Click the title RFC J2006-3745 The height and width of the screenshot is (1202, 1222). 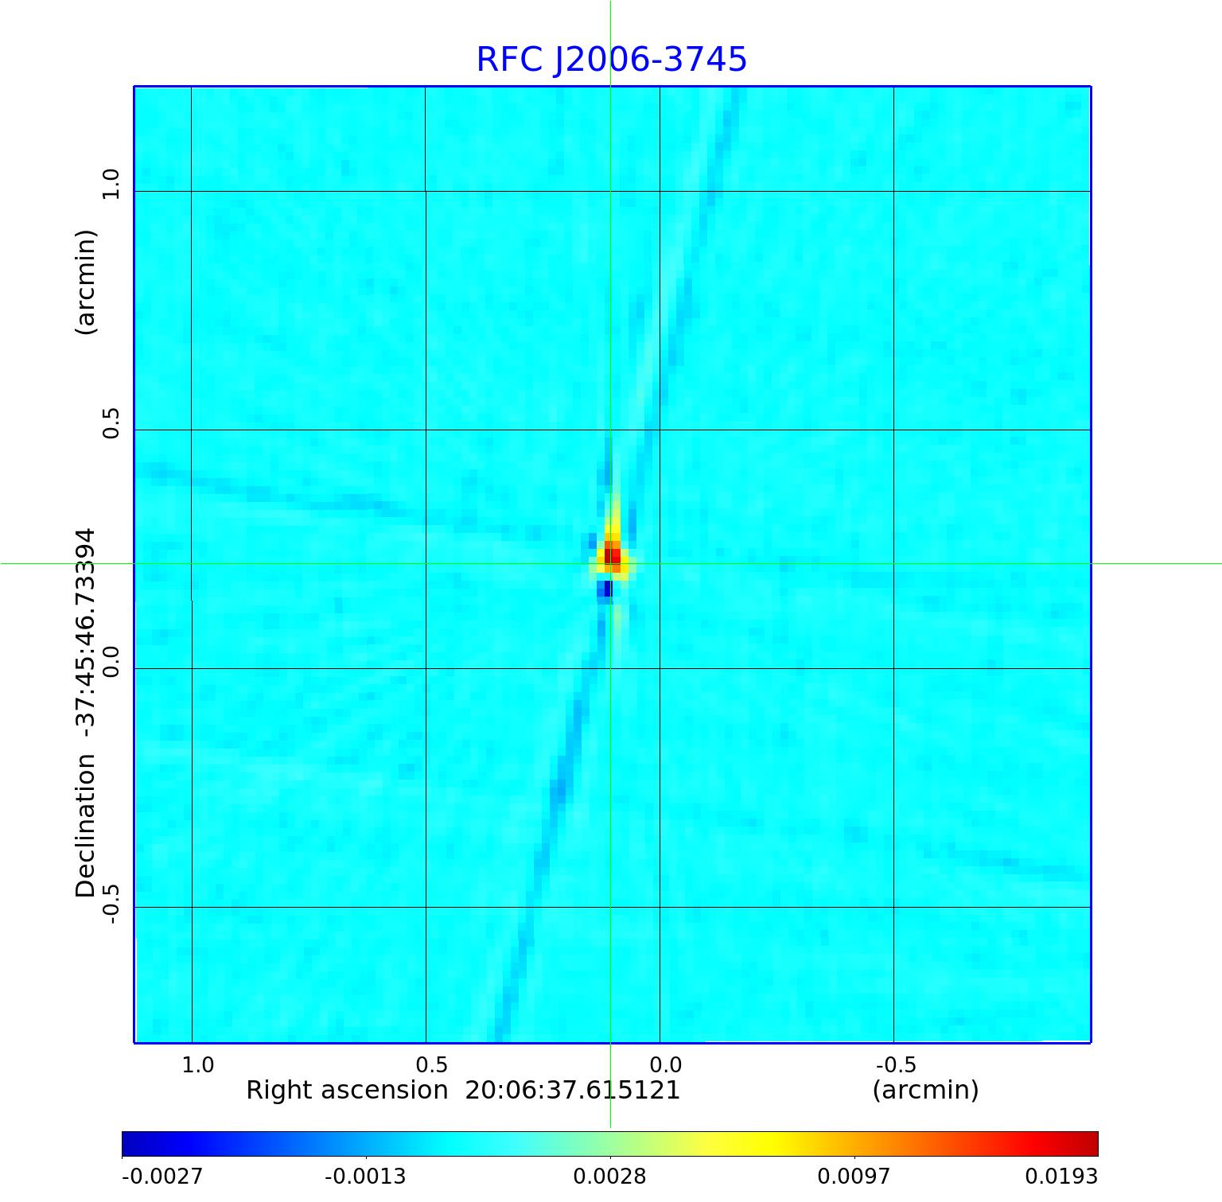(x=611, y=60)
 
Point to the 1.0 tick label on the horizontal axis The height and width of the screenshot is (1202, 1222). (x=198, y=1064)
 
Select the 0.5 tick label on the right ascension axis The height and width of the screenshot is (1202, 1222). (x=432, y=1064)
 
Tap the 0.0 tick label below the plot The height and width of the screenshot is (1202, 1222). (x=666, y=1064)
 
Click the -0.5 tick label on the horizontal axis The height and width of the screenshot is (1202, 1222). (x=896, y=1064)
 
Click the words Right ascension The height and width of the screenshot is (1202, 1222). (x=347, y=1090)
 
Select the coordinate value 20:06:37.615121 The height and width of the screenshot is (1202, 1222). (x=573, y=1090)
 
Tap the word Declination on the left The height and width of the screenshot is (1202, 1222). (x=86, y=827)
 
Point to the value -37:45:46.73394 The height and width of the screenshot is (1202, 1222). (x=86, y=628)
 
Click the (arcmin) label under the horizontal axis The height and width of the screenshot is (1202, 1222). (x=925, y=1090)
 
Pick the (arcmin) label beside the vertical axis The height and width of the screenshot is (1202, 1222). (x=86, y=282)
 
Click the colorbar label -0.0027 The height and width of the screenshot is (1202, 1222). (x=162, y=1176)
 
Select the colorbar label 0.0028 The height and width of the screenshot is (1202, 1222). (x=610, y=1176)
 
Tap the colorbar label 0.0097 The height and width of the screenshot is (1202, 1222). (x=854, y=1176)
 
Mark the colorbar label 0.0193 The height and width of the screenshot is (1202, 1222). (x=1060, y=1176)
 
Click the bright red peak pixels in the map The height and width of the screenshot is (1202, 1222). (x=612, y=554)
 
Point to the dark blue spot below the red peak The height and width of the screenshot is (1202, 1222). (x=607, y=589)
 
